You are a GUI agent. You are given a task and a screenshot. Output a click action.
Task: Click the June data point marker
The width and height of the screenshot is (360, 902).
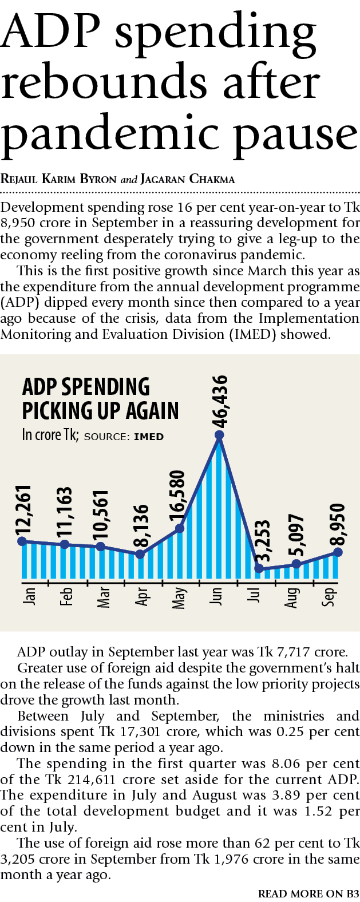point(219,436)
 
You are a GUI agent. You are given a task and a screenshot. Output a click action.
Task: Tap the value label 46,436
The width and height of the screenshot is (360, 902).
point(220,401)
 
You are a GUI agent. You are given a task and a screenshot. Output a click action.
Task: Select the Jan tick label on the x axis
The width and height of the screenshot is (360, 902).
point(29,596)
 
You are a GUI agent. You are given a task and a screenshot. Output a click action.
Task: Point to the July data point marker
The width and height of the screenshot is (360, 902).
point(259,568)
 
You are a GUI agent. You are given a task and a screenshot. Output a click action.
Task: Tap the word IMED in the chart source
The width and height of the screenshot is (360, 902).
point(149,437)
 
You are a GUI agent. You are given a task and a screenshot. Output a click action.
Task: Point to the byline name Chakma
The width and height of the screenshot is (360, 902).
point(212,179)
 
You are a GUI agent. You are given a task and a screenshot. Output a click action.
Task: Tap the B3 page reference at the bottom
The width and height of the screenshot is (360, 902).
point(352,893)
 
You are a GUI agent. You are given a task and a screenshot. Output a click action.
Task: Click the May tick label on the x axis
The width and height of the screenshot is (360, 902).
point(179,597)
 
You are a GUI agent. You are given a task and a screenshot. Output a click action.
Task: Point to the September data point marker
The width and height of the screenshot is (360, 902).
point(338,552)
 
